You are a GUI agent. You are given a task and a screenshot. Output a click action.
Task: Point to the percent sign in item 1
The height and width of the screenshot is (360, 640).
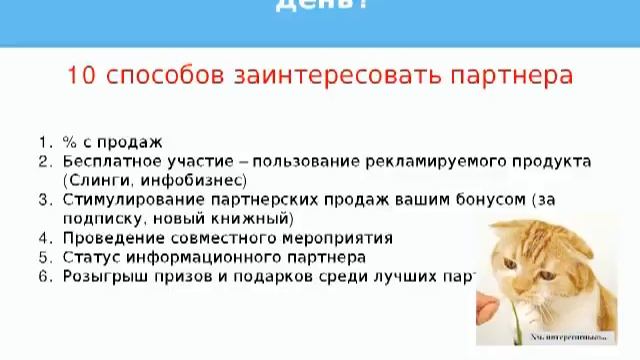69,142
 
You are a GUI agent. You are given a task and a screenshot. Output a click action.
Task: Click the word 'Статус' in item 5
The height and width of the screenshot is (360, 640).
90,257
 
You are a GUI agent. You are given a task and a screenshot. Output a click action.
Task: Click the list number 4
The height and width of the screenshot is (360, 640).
43,238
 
